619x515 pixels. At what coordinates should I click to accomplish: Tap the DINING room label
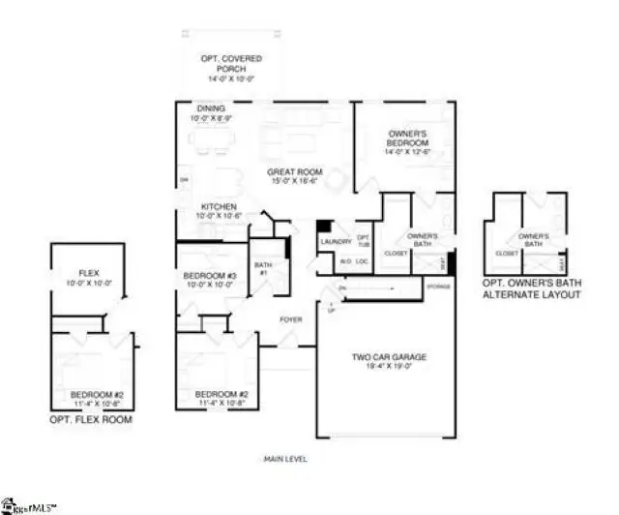(x=212, y=108)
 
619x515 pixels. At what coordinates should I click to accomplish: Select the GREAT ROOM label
(x=295, y=172)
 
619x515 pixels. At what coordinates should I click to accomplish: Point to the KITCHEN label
(x=219, y=207)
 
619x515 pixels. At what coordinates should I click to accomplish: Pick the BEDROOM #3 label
(x=210, y=276)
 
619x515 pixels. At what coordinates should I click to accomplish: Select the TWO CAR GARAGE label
(x=388, y=357)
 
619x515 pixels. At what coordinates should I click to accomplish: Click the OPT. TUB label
(x=365, y=240)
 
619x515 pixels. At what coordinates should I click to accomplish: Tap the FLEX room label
(x=89, y=274)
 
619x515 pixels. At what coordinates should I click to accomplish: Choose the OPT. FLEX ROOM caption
(x=90, y=421)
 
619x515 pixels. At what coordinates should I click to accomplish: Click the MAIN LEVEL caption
(x=285, y=458)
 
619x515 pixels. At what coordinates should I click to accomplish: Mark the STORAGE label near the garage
(x=438, y=286)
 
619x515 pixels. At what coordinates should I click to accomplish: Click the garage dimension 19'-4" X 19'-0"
(x=388, y=367)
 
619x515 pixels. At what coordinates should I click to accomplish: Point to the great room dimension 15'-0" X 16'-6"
(x=295, y=182)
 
